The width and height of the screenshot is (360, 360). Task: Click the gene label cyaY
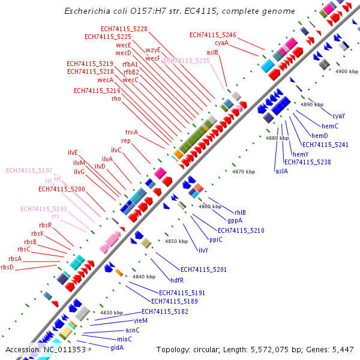coord(338,115)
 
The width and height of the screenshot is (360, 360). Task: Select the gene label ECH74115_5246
coord(213,35)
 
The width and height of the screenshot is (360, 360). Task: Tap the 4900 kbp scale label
coord(346,71)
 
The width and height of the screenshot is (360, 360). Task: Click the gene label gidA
coord(117,347)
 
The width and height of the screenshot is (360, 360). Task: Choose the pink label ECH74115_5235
coord(187,61)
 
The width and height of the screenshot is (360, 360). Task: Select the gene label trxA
coord(131,132)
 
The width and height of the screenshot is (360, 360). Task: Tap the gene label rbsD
coord(7,267)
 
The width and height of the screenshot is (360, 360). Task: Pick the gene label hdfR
coord(177,280)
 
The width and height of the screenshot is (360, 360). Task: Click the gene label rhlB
coord(240,212)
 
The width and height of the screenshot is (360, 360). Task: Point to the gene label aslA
coord(281,171)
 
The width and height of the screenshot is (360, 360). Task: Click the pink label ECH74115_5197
coord(29,170)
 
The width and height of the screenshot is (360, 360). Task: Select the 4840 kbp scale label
coord(144,277)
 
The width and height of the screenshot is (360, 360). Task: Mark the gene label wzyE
coord(153,50)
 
